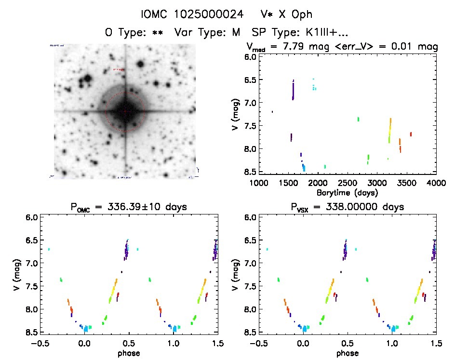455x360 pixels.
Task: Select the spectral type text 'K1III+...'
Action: (325, 33)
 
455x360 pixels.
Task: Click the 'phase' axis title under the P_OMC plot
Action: (129, 353)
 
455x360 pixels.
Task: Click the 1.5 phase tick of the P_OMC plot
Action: (218, 343)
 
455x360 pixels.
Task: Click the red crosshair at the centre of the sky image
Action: (125, 111)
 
